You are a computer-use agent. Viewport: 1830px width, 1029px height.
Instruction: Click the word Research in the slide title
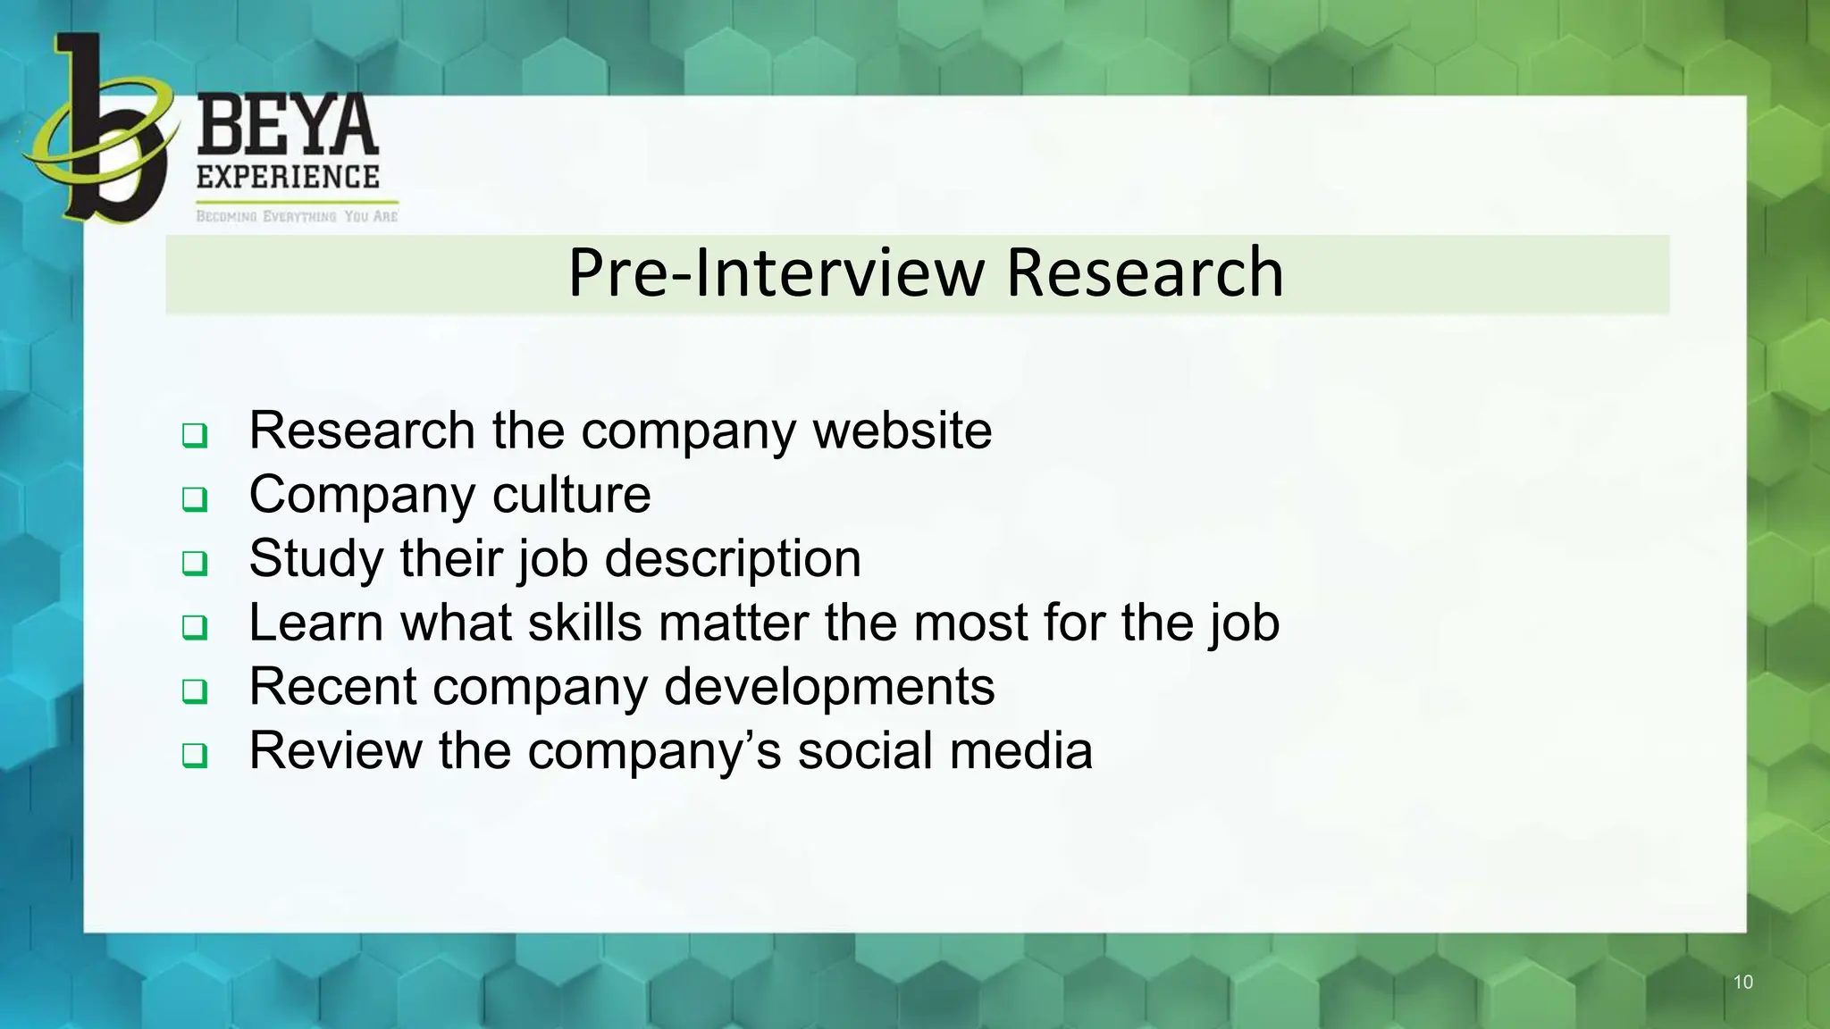point(1145,273)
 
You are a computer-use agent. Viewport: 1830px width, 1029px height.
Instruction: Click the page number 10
point(1742,983)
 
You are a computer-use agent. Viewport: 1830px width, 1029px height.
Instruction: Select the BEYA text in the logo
point(287,127)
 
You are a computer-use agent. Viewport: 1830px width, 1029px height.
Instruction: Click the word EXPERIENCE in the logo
point(288,177)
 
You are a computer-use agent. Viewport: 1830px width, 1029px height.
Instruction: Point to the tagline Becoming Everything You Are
point(297,216)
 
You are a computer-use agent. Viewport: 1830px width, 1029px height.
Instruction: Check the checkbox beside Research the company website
point(195,436)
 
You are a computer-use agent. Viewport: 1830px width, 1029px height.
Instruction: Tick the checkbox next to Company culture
point(195,499)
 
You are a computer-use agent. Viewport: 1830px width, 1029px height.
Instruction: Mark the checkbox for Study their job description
point(195,564)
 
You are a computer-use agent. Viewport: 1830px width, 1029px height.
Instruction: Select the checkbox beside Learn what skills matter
point(195,627)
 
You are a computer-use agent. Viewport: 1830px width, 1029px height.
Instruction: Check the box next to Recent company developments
point(195,691)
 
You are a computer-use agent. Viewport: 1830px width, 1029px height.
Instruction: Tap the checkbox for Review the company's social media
point(195,756)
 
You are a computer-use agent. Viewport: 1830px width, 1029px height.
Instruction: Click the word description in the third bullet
point(733,560)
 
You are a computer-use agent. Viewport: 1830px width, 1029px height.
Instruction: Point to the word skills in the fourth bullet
point(584,623)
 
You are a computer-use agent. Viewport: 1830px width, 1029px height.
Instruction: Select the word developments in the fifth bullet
point(829,687)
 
